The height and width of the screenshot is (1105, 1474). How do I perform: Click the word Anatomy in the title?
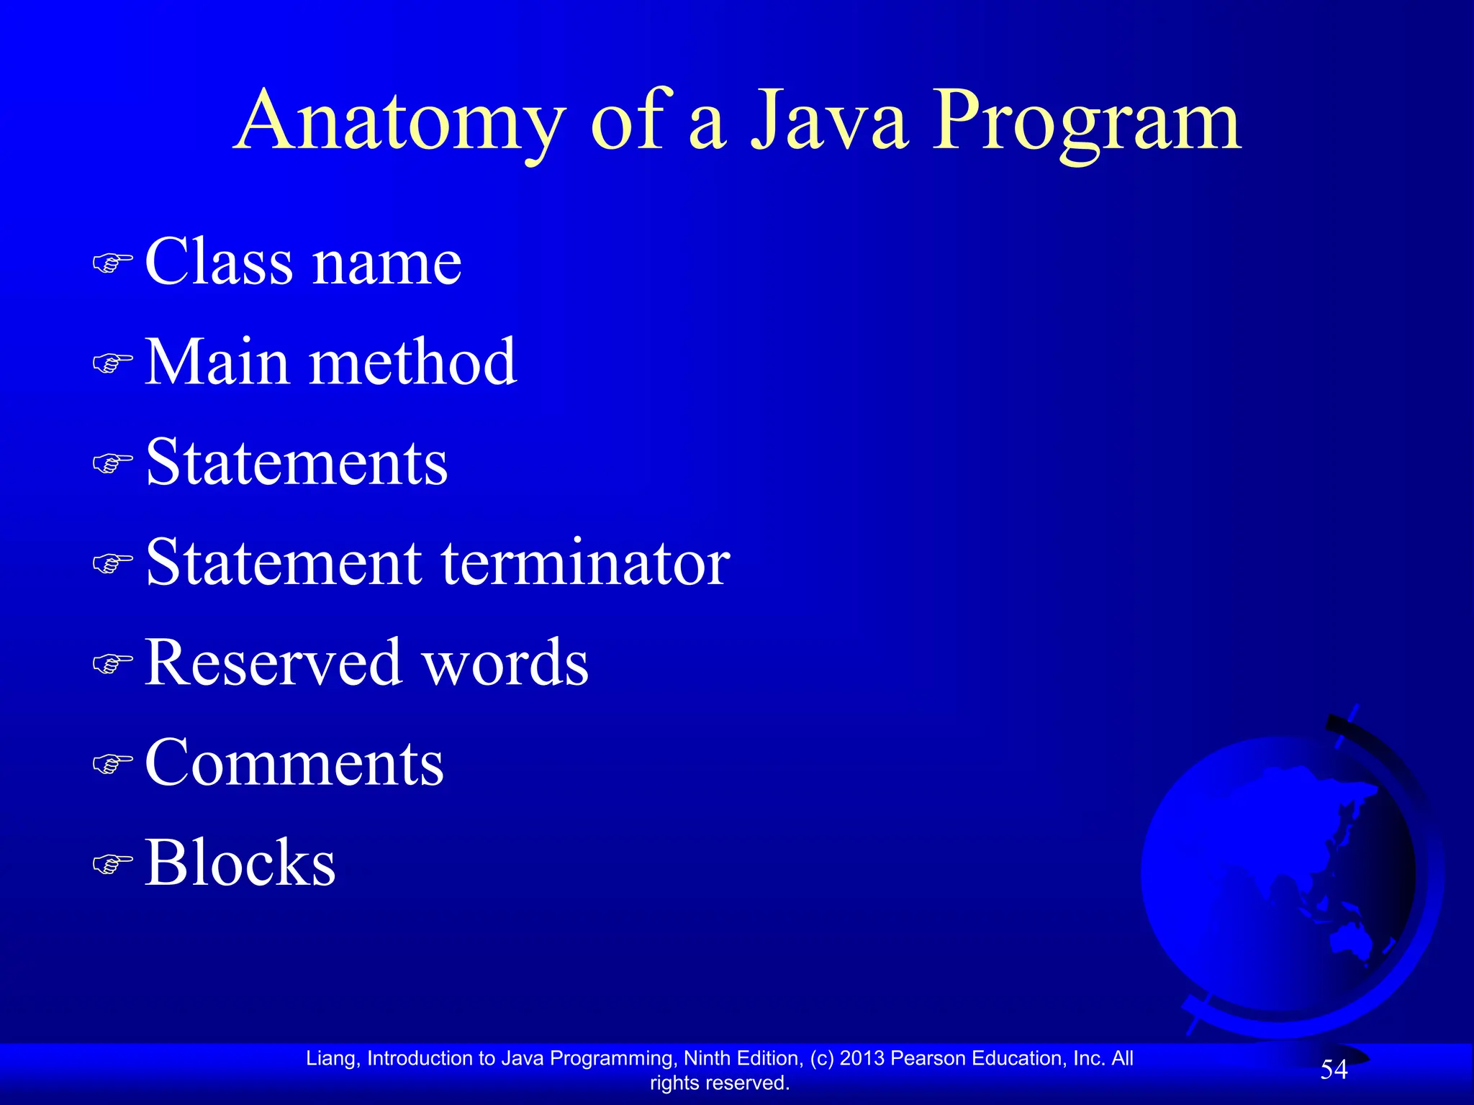(400, 122)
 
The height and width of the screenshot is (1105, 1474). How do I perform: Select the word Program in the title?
(1087, 122)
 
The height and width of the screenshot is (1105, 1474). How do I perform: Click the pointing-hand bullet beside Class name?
(113, 263)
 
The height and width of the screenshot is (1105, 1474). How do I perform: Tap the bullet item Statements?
(297, 462)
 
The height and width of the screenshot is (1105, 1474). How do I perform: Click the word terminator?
(586, 563)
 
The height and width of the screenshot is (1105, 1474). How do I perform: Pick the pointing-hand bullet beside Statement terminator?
(113, 563)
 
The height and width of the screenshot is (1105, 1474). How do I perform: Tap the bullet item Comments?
(294, 763)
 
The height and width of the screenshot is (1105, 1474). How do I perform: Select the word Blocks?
(240, 863)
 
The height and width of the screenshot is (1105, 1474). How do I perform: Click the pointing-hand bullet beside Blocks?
(113, 863)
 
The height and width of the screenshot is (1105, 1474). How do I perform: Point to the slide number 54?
(1334, 1070)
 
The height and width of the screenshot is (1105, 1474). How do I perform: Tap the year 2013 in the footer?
(862, 1058)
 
